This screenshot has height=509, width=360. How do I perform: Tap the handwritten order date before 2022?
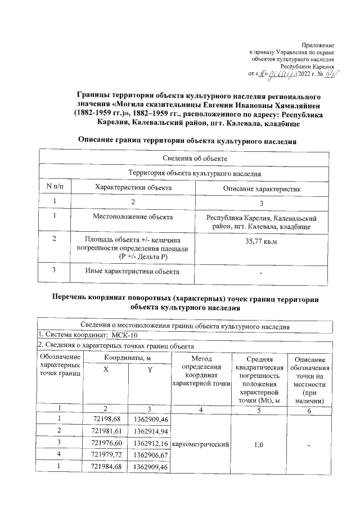277,74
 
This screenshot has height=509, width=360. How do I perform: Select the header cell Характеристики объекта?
133,187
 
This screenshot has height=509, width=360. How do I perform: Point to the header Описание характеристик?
262,188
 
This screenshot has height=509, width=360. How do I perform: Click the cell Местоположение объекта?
133,217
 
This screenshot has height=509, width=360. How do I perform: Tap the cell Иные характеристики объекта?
133,272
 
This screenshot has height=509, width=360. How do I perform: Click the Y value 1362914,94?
148,430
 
